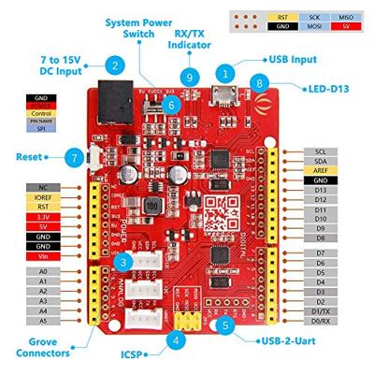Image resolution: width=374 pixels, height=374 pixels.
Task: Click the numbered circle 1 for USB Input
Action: click(224, 71)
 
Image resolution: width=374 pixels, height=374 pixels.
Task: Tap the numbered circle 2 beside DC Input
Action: click(114, 65)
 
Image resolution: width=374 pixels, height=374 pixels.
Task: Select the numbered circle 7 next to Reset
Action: click(72, 158)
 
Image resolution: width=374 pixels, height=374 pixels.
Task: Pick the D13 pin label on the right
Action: click(321, 190)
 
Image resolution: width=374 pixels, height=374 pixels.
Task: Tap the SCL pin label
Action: click(321, 150)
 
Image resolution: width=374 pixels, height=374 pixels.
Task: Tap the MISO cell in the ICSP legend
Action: click(344, 16)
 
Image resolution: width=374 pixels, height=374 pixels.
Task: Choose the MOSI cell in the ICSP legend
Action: click(312, 28)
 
